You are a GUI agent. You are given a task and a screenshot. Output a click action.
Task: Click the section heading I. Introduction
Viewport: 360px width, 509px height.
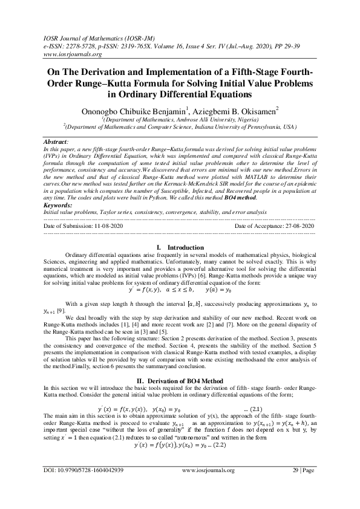[180, 247]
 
